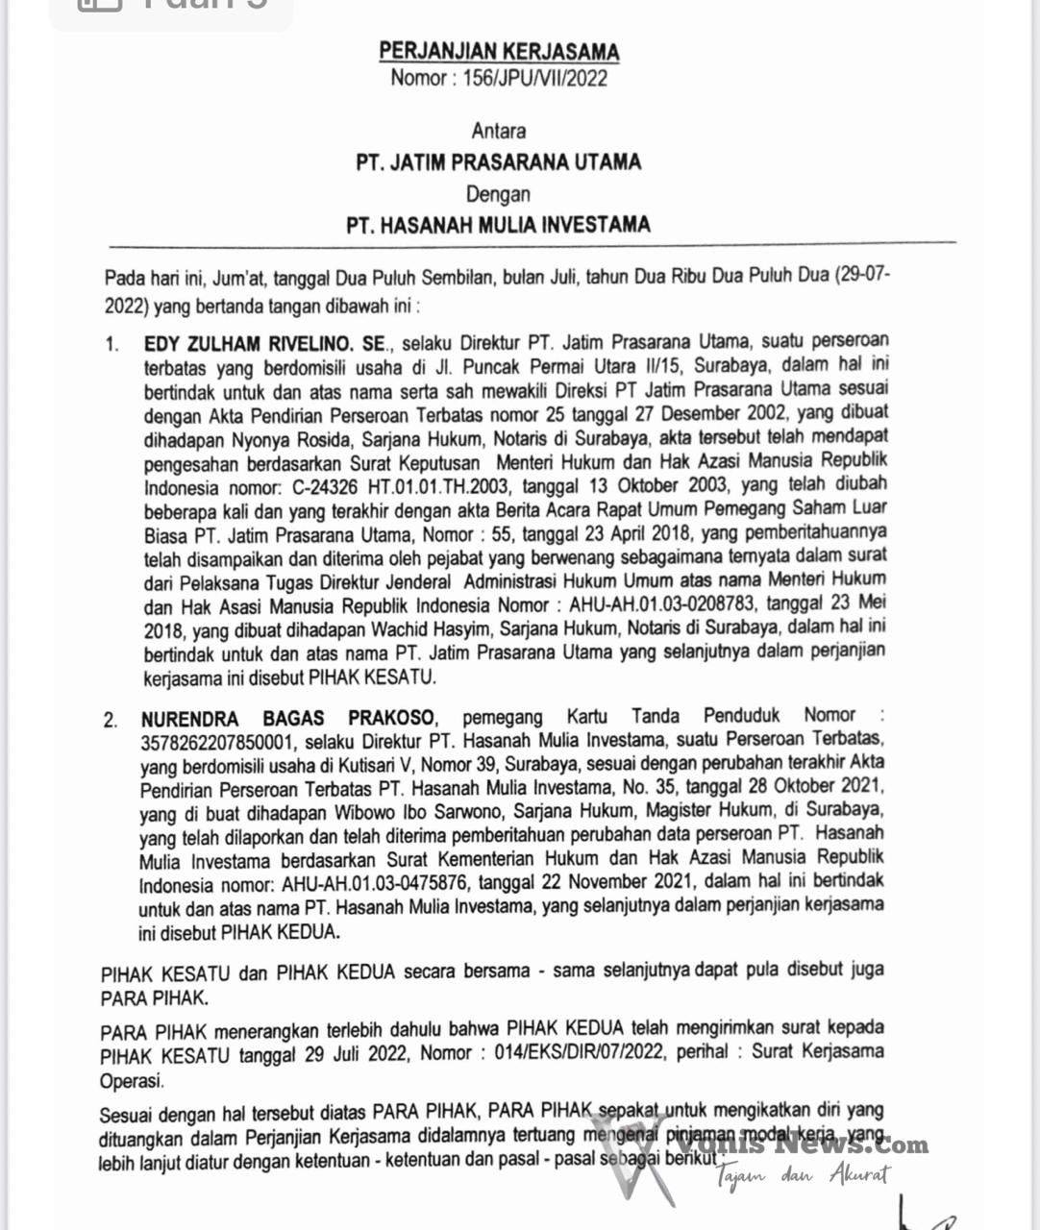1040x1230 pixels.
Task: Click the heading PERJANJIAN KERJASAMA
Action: click(499, 51)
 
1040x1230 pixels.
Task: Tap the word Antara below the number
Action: click(498, 131)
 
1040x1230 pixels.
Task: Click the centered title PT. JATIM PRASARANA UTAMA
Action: click(498, 161)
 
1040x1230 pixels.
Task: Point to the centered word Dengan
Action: click(498, 194)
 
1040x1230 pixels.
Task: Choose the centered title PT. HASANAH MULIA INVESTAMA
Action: click(498, 226)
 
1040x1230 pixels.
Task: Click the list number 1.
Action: click(112, 344)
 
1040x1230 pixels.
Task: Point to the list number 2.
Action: click(111, 720)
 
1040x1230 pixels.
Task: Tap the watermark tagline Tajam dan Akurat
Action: click(804, 1174)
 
